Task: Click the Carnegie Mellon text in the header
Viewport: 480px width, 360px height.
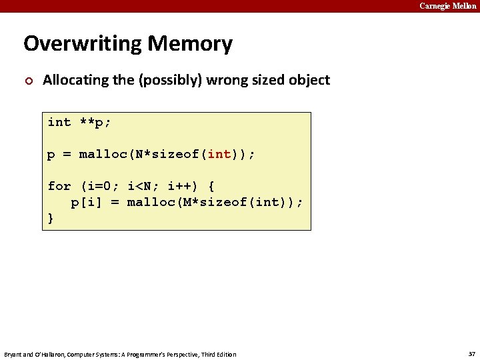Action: [448, 6]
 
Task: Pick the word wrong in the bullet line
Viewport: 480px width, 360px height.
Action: [228, 81]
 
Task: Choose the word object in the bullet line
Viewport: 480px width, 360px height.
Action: [308, 81]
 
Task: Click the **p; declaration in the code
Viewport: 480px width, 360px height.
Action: [95, 122]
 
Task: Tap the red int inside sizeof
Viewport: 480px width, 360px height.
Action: [219, 155]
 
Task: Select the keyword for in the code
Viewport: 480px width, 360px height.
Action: [59, 186]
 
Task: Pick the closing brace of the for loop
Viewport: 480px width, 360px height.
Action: [51, 218]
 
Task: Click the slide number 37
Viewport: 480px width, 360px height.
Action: [471, 354]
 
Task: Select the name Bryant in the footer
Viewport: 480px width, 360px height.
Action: [14, 354]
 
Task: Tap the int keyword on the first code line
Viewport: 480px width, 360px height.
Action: [59, 122]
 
